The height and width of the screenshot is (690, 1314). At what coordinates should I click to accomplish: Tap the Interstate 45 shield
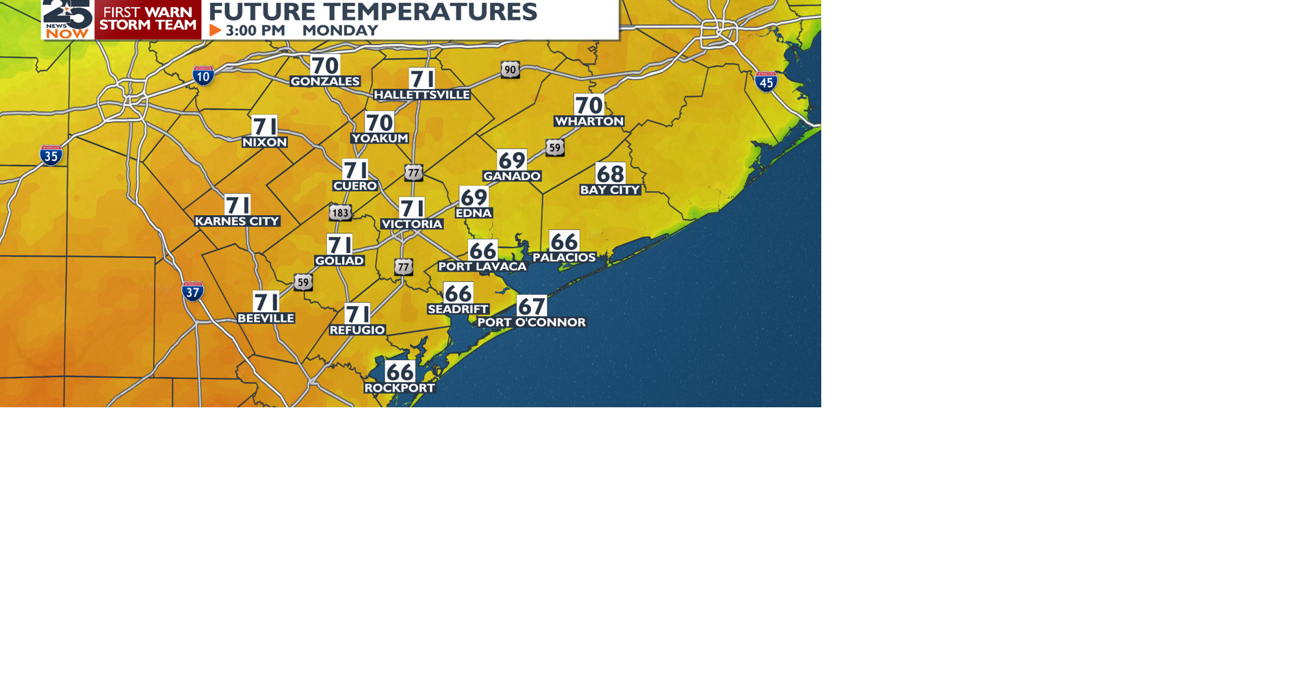tap(766, 81)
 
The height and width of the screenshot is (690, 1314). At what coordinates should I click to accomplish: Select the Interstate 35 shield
tap(51, 155)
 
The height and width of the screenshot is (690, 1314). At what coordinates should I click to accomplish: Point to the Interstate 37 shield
tap(193, 292)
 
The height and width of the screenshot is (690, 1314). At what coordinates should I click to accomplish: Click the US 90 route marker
tap(510, 69)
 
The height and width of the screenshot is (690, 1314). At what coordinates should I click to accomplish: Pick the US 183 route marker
tap(340, 212)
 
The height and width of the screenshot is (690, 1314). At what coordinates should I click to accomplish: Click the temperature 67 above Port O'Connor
tap(532, 306)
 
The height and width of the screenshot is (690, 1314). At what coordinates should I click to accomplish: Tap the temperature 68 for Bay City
tap(610, 174)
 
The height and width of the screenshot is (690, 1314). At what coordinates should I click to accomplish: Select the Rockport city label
tap(400, 388)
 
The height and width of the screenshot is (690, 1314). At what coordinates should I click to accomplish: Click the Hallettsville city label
tap(422, 94)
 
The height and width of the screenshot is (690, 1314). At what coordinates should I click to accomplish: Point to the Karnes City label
tap(237, 221)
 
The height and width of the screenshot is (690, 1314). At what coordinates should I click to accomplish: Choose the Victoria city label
tap(412, 224)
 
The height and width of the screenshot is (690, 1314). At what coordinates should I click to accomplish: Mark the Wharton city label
tap(589, 121)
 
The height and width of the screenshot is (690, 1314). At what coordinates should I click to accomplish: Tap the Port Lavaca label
tap(482, 266)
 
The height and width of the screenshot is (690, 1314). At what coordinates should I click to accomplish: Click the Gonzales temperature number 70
tap(325, 66)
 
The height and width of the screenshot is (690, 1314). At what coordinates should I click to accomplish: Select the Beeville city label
tap(266, 318)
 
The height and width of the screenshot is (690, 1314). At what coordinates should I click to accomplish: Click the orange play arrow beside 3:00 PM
tap(215, 30)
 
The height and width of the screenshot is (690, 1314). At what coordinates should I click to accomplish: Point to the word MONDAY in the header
tap(340, 30)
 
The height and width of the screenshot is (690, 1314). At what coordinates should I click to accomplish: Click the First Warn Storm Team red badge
tap(148, 19)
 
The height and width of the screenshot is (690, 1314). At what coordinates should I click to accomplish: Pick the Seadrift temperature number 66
tap(458, 294)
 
